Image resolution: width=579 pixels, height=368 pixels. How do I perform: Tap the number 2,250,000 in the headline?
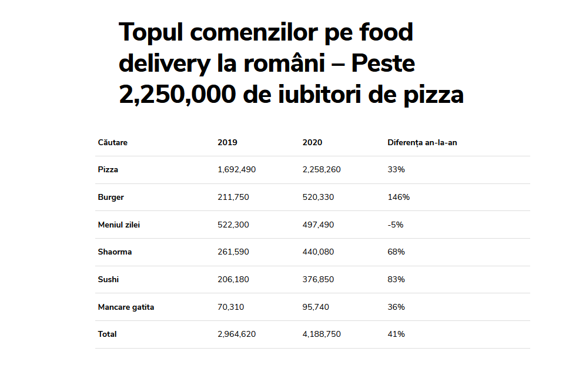click(x=176, y=94)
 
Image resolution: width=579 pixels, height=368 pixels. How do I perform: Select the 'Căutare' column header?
click(x=112, y=142)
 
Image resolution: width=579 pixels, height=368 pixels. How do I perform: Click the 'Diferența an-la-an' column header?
click(x=422, y=142)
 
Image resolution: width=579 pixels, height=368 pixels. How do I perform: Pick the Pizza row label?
click(x=108, y=169)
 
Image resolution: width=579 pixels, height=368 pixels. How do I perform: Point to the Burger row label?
click(x=111, y=197)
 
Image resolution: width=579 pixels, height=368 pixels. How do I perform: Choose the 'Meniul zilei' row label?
click(x=119, y=225)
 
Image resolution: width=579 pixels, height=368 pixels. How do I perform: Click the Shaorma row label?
click(x=115, y=252)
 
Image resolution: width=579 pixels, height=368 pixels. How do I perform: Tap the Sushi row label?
click(x=108, y=279)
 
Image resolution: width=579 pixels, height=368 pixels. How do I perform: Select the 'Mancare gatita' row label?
click(x=126, y=307)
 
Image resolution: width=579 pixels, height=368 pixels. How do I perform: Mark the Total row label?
click(x=107, y=334)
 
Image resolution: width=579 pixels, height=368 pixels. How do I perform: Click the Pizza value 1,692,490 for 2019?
click(x=236, y=169)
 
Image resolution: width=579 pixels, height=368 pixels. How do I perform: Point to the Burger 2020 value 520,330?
click(x=318, y=197)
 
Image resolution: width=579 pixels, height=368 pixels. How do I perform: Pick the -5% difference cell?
click(x=395, y=225)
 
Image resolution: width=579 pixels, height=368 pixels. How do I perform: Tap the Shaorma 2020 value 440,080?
click(x=318, y=252)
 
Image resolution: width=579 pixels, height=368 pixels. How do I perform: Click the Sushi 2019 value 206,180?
click(x=233, y=279)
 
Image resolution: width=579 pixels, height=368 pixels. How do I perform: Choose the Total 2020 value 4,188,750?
click(x=322, y=334)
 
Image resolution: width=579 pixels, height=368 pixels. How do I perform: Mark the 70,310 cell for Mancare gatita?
click(x=230, y=307)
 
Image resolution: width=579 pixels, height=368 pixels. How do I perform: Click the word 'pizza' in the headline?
click(x=433, y=94)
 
